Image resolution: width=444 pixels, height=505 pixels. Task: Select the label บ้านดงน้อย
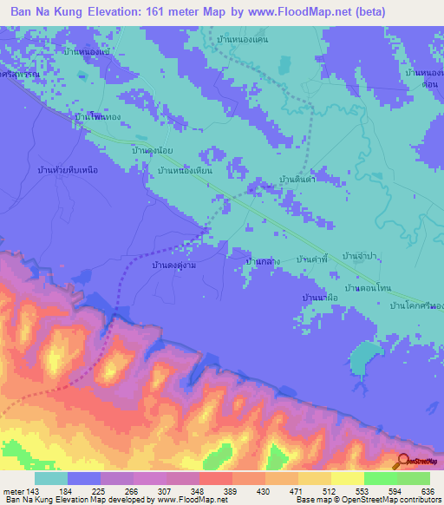click(x=152, y=151)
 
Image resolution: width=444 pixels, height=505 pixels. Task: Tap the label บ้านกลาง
click(x=261, y=259)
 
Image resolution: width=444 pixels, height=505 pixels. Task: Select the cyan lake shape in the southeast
click(x=363, y=357)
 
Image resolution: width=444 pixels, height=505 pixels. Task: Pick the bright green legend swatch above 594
click(x=380, y=478)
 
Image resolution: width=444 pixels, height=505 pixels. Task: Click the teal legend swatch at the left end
click(x=51, y=478)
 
